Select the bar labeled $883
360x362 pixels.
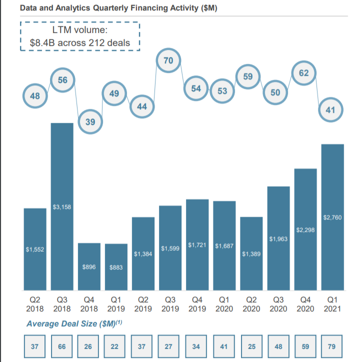coord(116,267)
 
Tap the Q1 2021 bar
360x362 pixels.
coord(332,217)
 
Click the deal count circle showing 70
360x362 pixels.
coord(168,60)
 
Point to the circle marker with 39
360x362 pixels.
coord(91,122)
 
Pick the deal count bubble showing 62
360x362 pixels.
coord(303,73)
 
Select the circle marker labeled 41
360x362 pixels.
coord(331,109)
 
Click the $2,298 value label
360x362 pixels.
coord(305,230)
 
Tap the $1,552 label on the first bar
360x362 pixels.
coord(35,249)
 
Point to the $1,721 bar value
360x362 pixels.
coord(197,245)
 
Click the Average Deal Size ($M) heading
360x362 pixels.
coord(75,324)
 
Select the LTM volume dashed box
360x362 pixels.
coord(79,37)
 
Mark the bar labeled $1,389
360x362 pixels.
coord(251,254)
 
